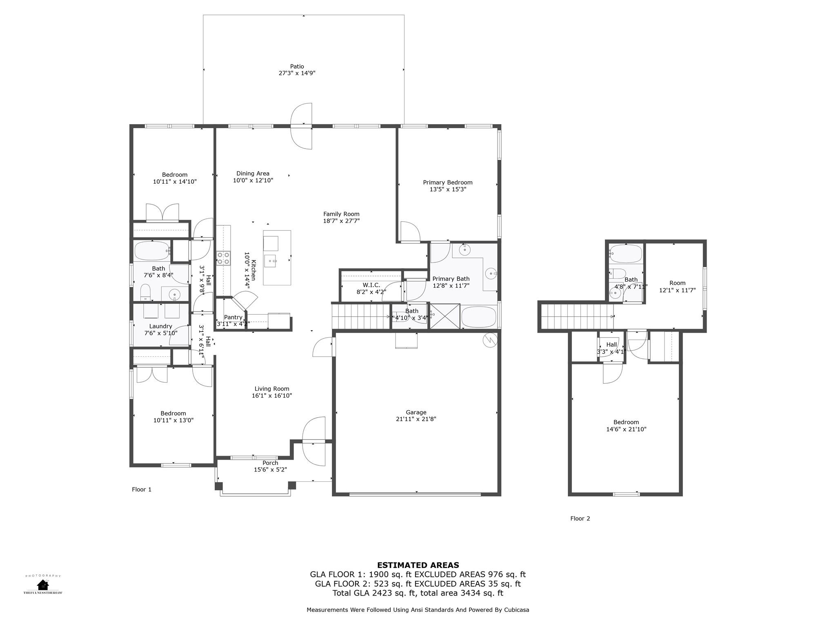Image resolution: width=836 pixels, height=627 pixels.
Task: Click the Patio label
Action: [297, 67]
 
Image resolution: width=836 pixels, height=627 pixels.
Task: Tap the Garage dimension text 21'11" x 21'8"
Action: [416, 419]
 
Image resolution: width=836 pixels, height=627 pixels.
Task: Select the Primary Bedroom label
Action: [447, 182]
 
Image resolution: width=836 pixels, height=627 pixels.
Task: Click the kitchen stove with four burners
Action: [223, 258]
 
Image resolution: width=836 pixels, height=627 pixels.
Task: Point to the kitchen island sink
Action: [271, 260]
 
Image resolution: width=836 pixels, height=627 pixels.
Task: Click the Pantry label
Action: [233, 317]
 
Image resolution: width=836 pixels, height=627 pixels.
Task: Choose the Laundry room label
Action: [160, 326]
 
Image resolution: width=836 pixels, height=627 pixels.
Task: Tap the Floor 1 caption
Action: [142, 489]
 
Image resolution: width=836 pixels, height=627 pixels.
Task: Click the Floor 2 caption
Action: [580, 518]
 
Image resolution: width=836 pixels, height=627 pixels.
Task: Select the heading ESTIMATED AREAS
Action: [418, 565]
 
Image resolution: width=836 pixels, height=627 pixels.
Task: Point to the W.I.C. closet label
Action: [371, 285]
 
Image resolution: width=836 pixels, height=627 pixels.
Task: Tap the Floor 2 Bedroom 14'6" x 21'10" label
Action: [626, 425]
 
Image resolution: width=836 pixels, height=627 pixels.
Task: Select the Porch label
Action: [270, 463]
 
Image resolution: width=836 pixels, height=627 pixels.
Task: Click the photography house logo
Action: [43, 585]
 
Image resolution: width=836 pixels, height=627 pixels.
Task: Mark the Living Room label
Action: [271, 389]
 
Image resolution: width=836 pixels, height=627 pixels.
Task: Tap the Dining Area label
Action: [253, 173]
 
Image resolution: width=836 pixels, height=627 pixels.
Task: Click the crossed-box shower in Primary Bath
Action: [445, 316]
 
